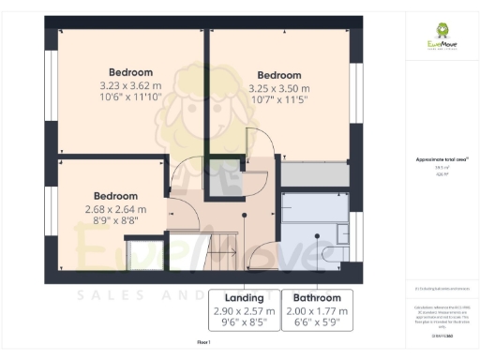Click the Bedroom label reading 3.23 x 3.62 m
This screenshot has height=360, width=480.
pyautogui.click(x=130, y=72)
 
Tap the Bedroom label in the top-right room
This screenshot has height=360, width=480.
pyautogui.click(x=278, y=76)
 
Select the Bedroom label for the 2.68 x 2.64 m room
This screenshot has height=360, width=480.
pyautogui.click(x=115, y=171)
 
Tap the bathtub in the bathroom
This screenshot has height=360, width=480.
pyautogui.click(x=317, y=208)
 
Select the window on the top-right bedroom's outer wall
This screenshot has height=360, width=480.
pyautogui.click(x=356, y=94)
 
